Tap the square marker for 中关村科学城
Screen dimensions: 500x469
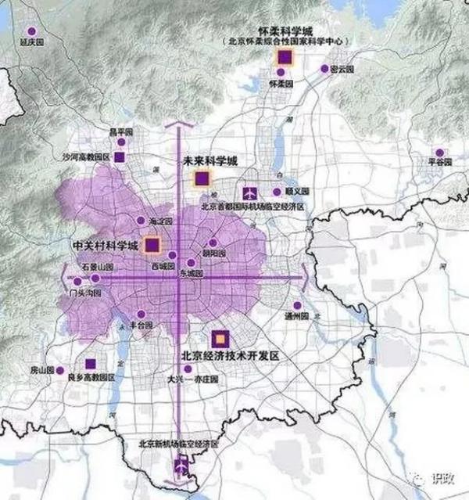click(152, 245)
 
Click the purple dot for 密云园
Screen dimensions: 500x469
click(324, 69)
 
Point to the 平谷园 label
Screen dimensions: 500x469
click(441, 161)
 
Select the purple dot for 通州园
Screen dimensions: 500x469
click(296, 306)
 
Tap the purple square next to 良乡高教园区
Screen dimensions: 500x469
click(91, 363)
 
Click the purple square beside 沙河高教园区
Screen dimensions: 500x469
click(119, 157)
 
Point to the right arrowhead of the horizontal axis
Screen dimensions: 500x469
click(303, 278)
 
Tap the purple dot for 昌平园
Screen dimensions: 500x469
click(121, 142)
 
